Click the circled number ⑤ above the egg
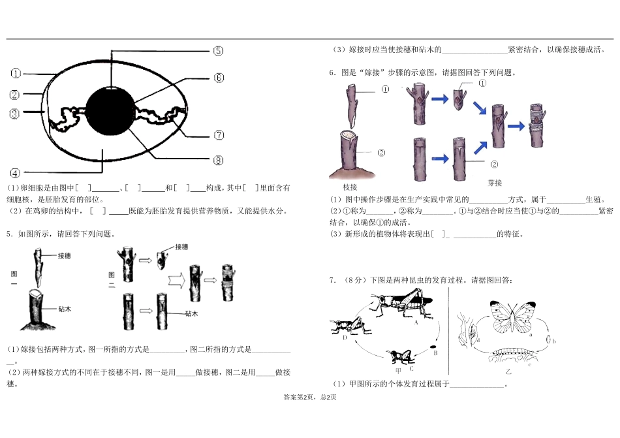click(218, 50)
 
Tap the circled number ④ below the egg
click(16, 173)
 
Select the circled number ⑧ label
click(218, 160)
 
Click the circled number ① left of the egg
click(16, 73)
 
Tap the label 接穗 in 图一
click(64, 255)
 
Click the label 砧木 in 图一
click(64, 309)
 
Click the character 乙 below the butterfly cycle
click(508, 371)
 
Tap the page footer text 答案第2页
click(297, 398)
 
